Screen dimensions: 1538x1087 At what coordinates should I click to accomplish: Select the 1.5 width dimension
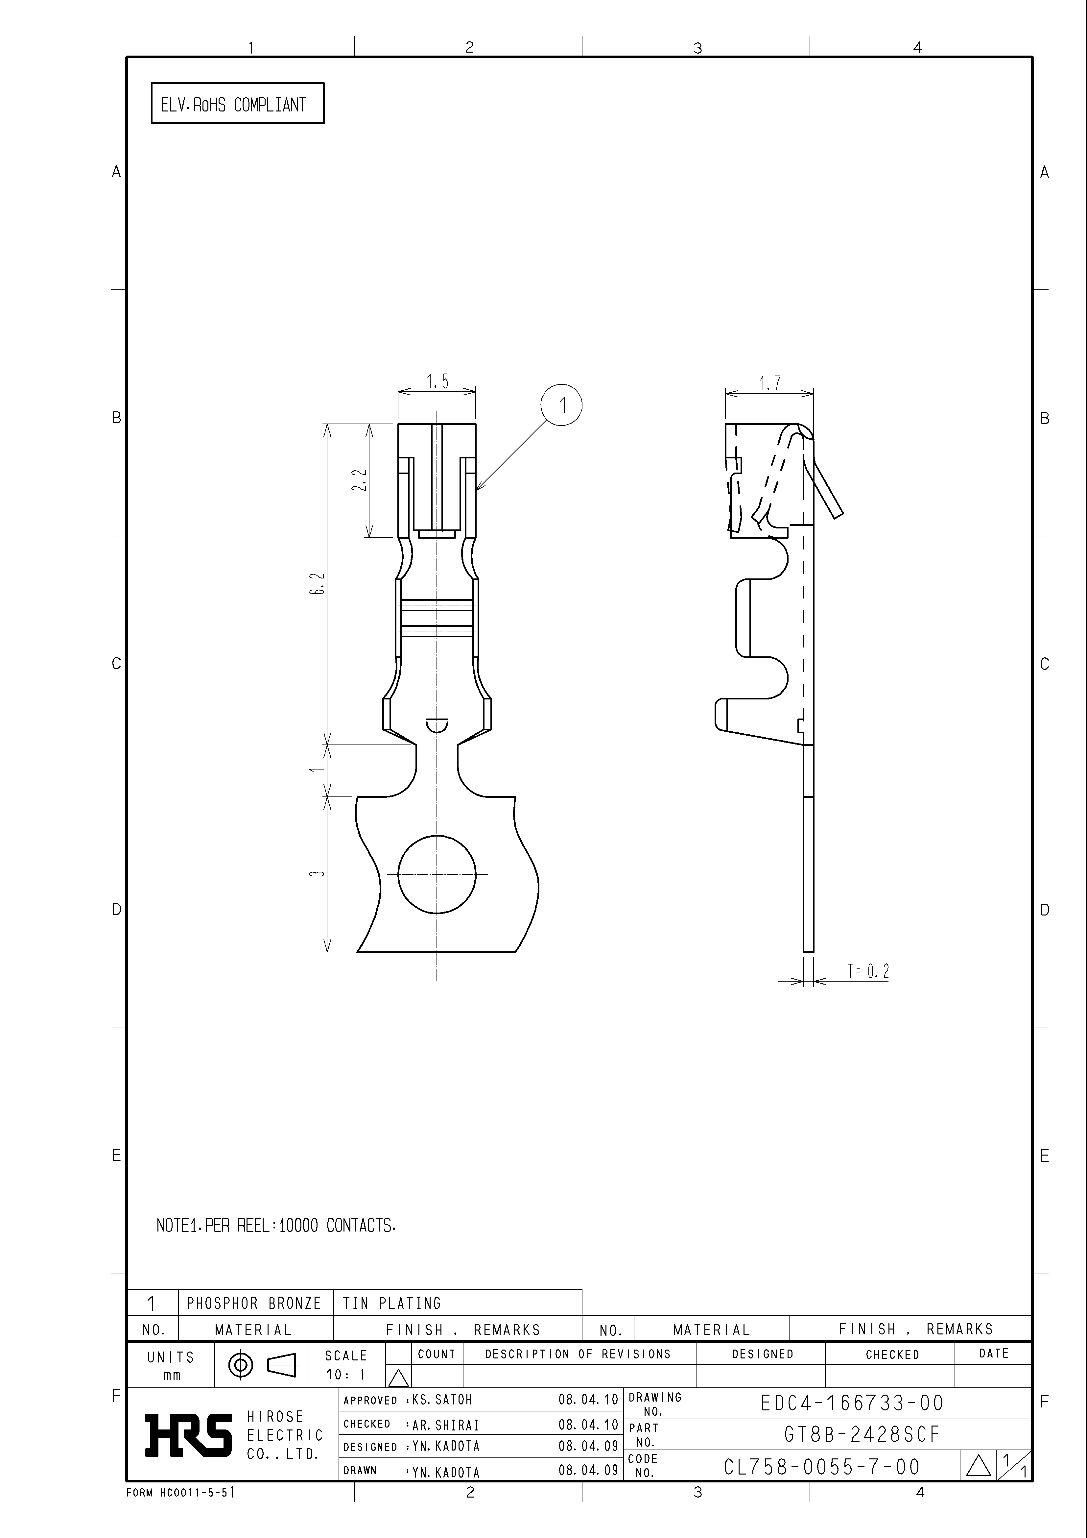437,382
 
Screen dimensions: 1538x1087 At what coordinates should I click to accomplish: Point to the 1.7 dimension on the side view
769,383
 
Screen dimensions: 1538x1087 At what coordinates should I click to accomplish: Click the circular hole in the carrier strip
437,874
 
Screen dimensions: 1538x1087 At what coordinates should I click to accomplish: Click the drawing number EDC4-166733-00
852,1403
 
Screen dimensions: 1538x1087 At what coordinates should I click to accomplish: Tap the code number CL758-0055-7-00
822,1467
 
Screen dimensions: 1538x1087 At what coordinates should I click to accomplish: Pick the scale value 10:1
345,1375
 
